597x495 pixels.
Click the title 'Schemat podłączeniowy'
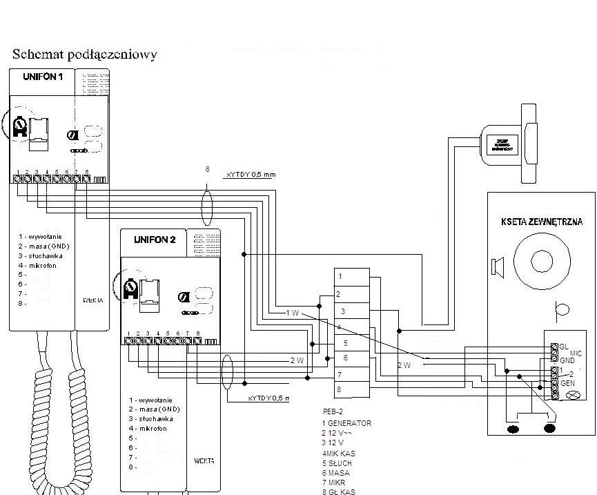point(84,54)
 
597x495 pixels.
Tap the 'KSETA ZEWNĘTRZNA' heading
point(541,222)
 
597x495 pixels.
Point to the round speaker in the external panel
point(542,262)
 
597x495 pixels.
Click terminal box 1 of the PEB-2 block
point(351,277)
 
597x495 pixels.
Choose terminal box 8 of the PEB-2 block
point(351,389)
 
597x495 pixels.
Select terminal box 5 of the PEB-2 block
point(351,342)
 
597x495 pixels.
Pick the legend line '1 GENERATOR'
point(346,423)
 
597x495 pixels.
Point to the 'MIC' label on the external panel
point(576,353)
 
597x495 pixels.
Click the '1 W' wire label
point(293,313)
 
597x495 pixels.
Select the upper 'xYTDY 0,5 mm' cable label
point(251,175)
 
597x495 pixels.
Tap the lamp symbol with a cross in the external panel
point(571,396)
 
